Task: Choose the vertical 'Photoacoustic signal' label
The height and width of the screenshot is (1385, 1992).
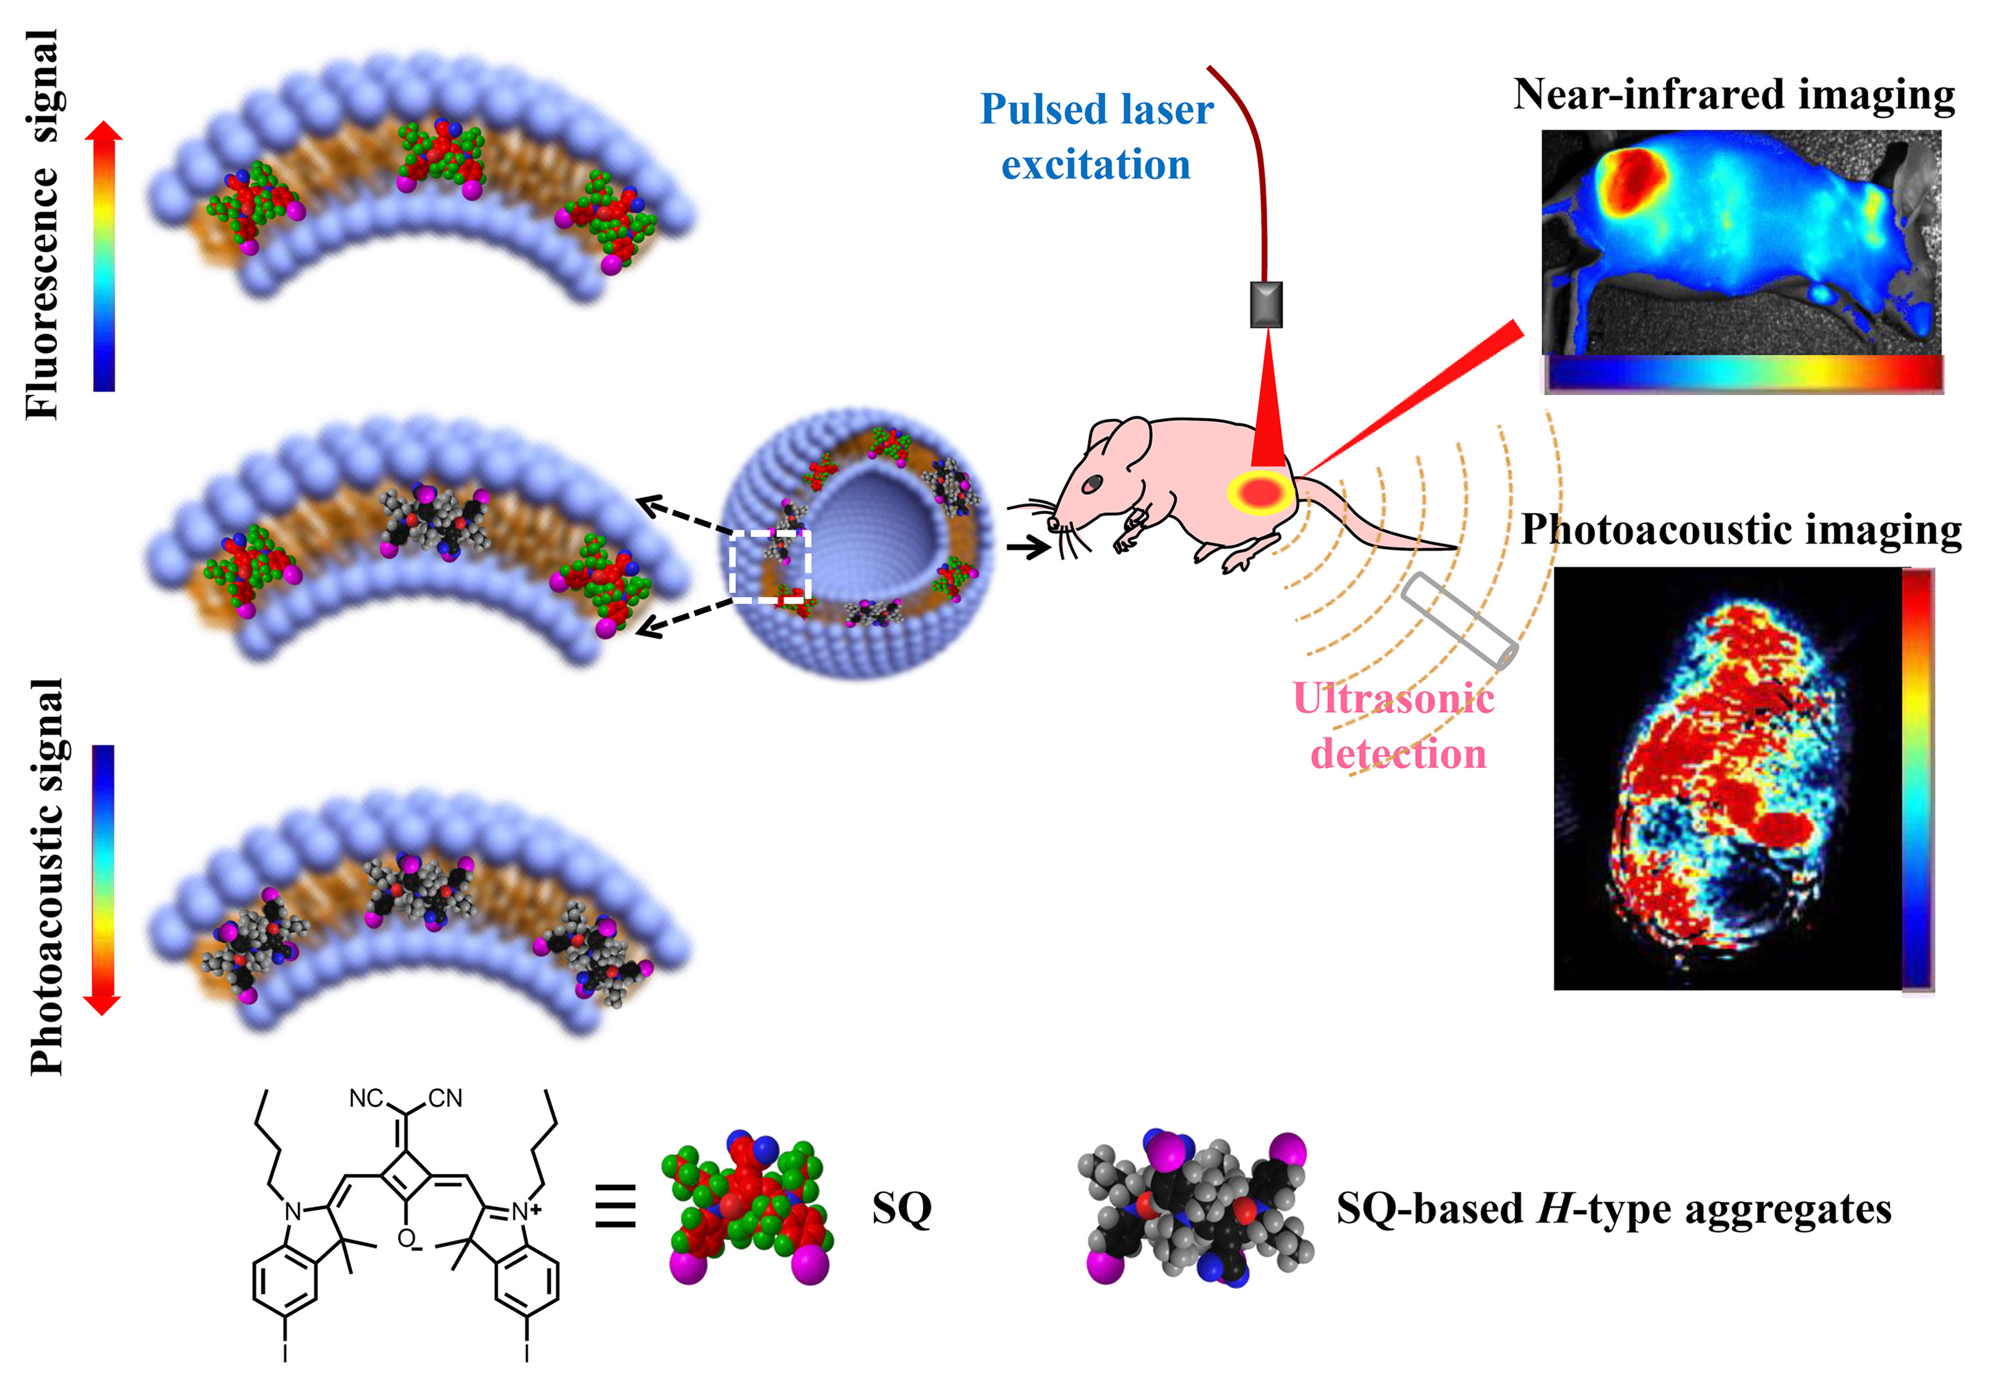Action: [x=47, y=876]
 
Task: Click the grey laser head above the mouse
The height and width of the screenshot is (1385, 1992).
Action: [x=1266, y=305]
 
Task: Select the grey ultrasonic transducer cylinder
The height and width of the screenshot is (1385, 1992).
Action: [x=1459, y=620]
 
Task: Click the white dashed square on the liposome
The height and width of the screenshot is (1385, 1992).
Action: [x=770, y=566]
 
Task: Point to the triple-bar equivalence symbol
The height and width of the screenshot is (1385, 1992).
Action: [x=615, y=1206]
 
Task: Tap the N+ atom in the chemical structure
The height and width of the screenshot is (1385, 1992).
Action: [x=523, y=1212]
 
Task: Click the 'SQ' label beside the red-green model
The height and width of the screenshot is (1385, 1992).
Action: [x=902, y=1208]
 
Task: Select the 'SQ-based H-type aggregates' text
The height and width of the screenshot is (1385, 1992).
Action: [x=1613, y=1208]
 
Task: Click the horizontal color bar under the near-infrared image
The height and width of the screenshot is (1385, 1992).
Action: [x=1743, y=374]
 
